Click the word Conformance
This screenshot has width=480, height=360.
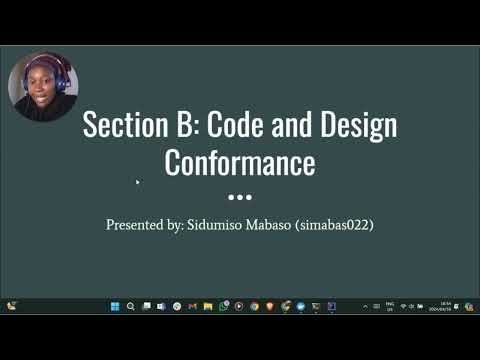(x=240, y=162)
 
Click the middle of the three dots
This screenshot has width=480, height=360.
(x=240, y=196)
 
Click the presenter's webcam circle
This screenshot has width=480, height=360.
(x=42, y=87)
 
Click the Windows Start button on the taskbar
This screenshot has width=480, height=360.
(x=114, y=306)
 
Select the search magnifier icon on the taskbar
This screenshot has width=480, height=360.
(x=130, y=306)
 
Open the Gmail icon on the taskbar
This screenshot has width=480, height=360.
(x=192, y=306)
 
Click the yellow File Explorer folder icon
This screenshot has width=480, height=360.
(x=208, y=306)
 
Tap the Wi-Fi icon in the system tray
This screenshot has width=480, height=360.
(x=403, y=306)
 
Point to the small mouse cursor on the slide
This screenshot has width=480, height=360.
(x=137, y=182)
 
